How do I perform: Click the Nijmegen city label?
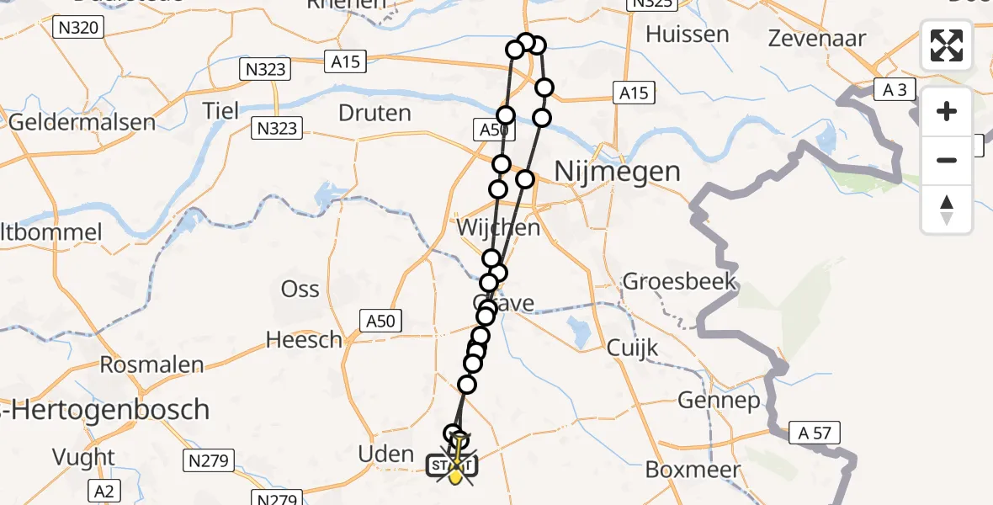[x=618, y=172]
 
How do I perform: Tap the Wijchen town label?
[x=498, y=228]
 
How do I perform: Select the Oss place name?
[x=300, y=290]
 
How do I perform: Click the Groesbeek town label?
[x=679, y=281]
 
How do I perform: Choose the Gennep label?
[x=719, y=401]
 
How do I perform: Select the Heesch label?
[x=304, y=340]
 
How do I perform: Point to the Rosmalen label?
[x=151, y=365]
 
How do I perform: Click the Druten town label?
[x=374, y=113]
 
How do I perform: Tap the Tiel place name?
[x=221, y=110]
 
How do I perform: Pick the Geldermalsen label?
[x=82, y=122]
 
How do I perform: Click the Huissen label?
[x=687, y=35]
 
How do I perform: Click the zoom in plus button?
[x=947, y=111]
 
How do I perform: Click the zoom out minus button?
[x=947, y=160]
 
